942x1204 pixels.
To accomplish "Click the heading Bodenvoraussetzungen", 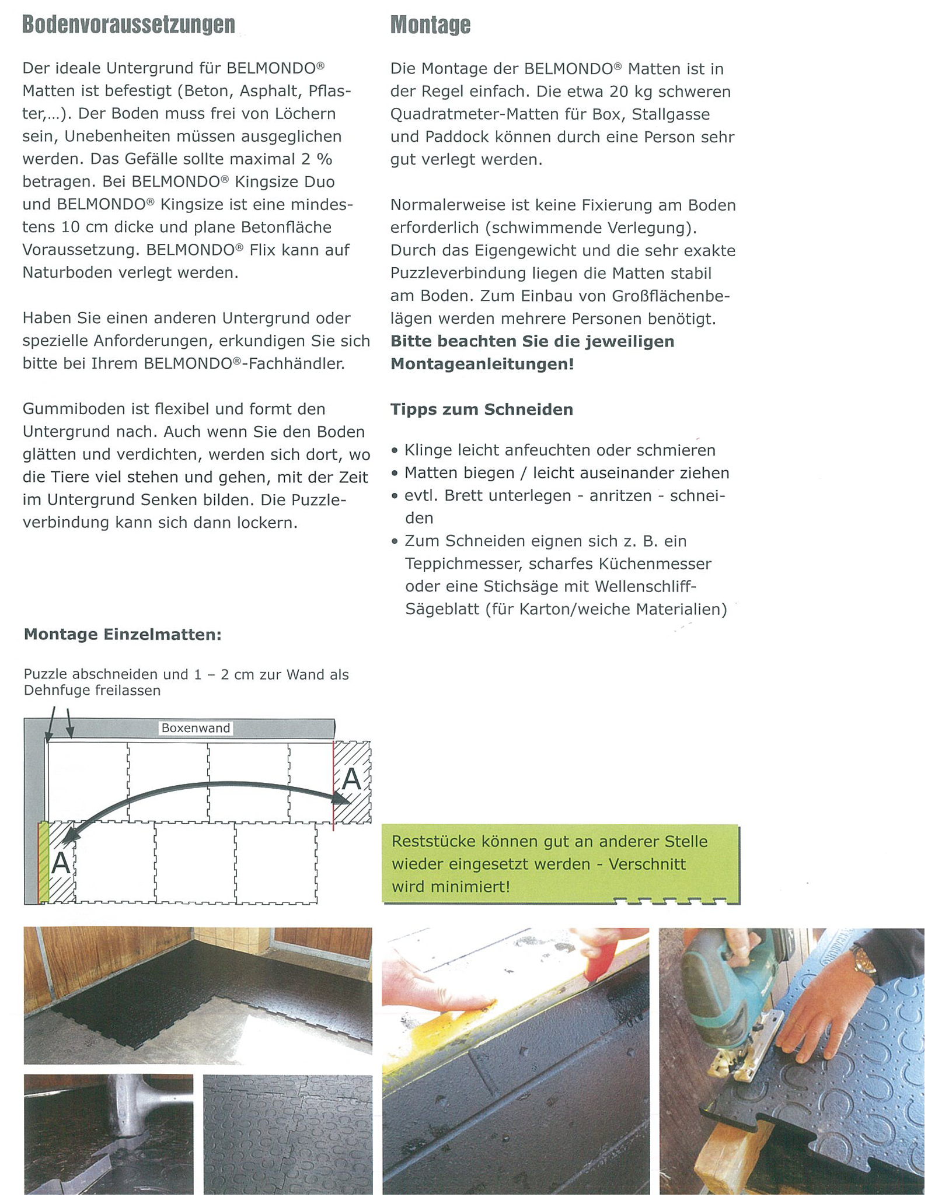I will pos(128,24).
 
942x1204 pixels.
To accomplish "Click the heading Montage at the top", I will pos(430,24).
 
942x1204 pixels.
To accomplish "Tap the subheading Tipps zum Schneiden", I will pos(482,409).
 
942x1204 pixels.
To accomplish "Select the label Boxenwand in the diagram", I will pos(196,728).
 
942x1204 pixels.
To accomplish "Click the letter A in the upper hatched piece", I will pos(351,779).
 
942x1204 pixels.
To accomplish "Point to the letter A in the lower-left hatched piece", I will pos(61,863).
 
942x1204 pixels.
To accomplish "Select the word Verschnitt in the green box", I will pos(647,864).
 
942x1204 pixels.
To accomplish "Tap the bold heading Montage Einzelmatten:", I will pos(123,635).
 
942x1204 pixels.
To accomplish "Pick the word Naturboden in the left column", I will pos(68,272).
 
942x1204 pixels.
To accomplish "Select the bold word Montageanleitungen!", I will pos(482,364).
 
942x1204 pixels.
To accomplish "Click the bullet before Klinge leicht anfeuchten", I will pos(395,450).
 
